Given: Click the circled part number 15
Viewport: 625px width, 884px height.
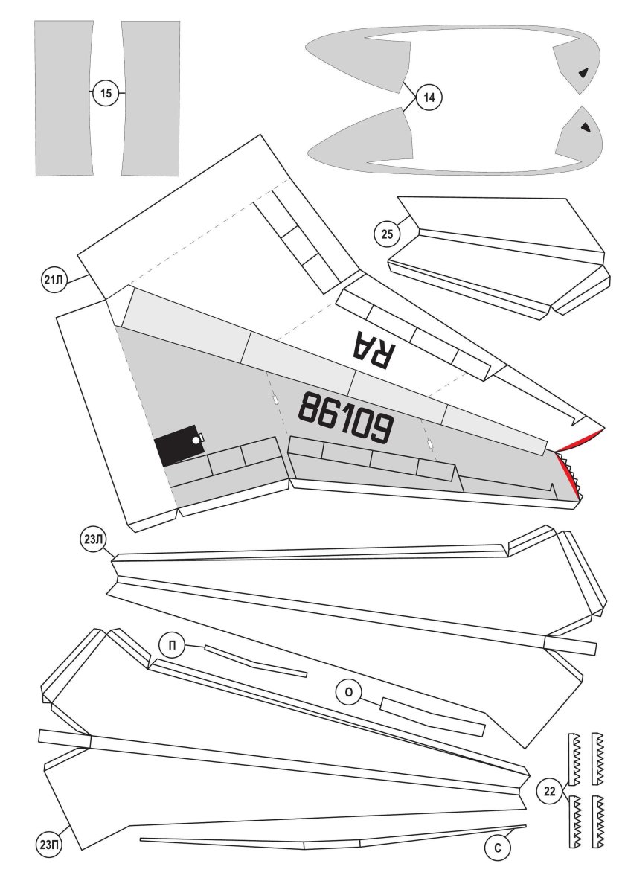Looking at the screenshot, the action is [x=106, y=93].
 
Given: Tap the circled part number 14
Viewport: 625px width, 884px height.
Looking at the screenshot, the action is [x=429, y=97].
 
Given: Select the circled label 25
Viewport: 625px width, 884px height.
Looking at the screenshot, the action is [x=387, y=234].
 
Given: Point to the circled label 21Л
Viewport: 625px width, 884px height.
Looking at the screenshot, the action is [x=54, y=281].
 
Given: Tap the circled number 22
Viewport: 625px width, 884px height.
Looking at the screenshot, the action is [x=550, y=792].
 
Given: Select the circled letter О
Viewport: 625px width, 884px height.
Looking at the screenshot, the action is [x=349, y=693].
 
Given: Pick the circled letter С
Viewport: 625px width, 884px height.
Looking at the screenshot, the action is [x=498, y=848].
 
